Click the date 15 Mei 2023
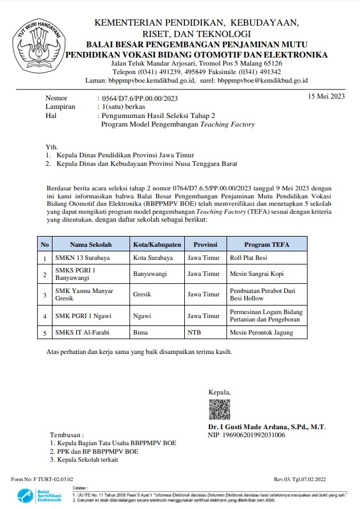click(326, 96)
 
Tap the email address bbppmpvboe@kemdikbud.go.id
click(263, 81)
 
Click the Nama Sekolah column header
click(91, 245)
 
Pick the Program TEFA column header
click(266, 245)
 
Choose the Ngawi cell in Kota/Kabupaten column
click(141, 315)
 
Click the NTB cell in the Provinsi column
click(194, 332)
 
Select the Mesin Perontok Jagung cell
click(260, 332)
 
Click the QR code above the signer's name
click(219, 409)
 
